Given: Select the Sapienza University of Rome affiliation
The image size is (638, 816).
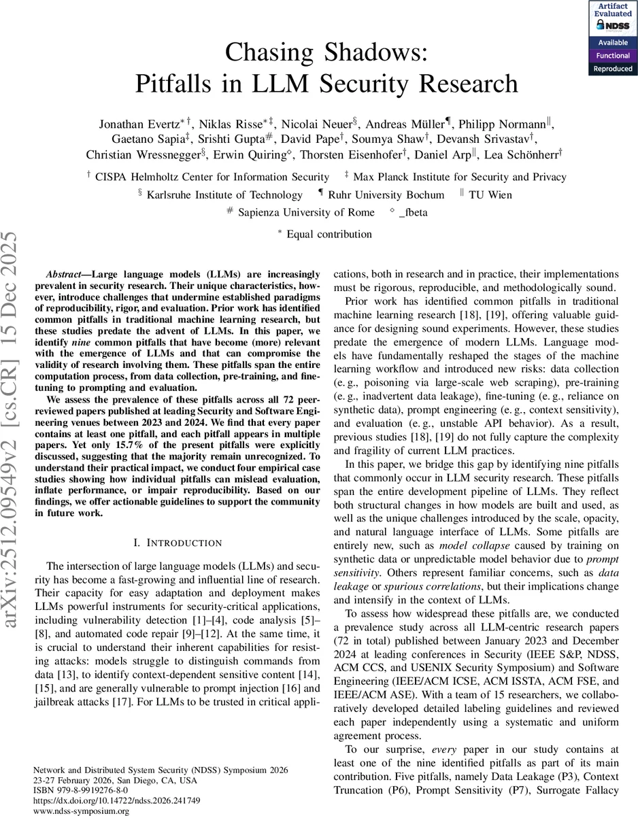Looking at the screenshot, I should tap(305, 212).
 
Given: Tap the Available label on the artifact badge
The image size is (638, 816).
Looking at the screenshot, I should tap(614, 43).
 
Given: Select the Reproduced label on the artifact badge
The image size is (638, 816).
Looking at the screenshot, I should tap(614, 68).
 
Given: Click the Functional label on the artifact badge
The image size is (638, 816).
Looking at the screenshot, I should tap(614, 56).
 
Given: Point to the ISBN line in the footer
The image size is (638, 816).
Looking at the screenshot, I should tap(80, 792).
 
